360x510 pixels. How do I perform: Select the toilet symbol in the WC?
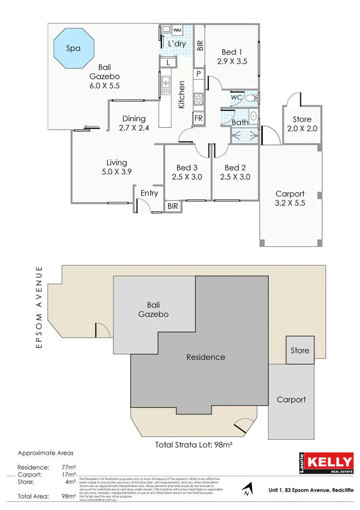click(x=251, y=97)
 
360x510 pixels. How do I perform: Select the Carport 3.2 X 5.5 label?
click(x=290, y=198)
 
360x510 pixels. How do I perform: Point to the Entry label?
click(x=149, y=193)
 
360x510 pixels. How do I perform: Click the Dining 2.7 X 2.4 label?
click(x=133, y=123)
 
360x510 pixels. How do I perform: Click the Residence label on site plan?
click(x=206, y=357)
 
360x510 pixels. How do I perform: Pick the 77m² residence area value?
click(x=70, y=467)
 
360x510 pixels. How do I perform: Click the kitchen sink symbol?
click(x=166, y=85)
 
